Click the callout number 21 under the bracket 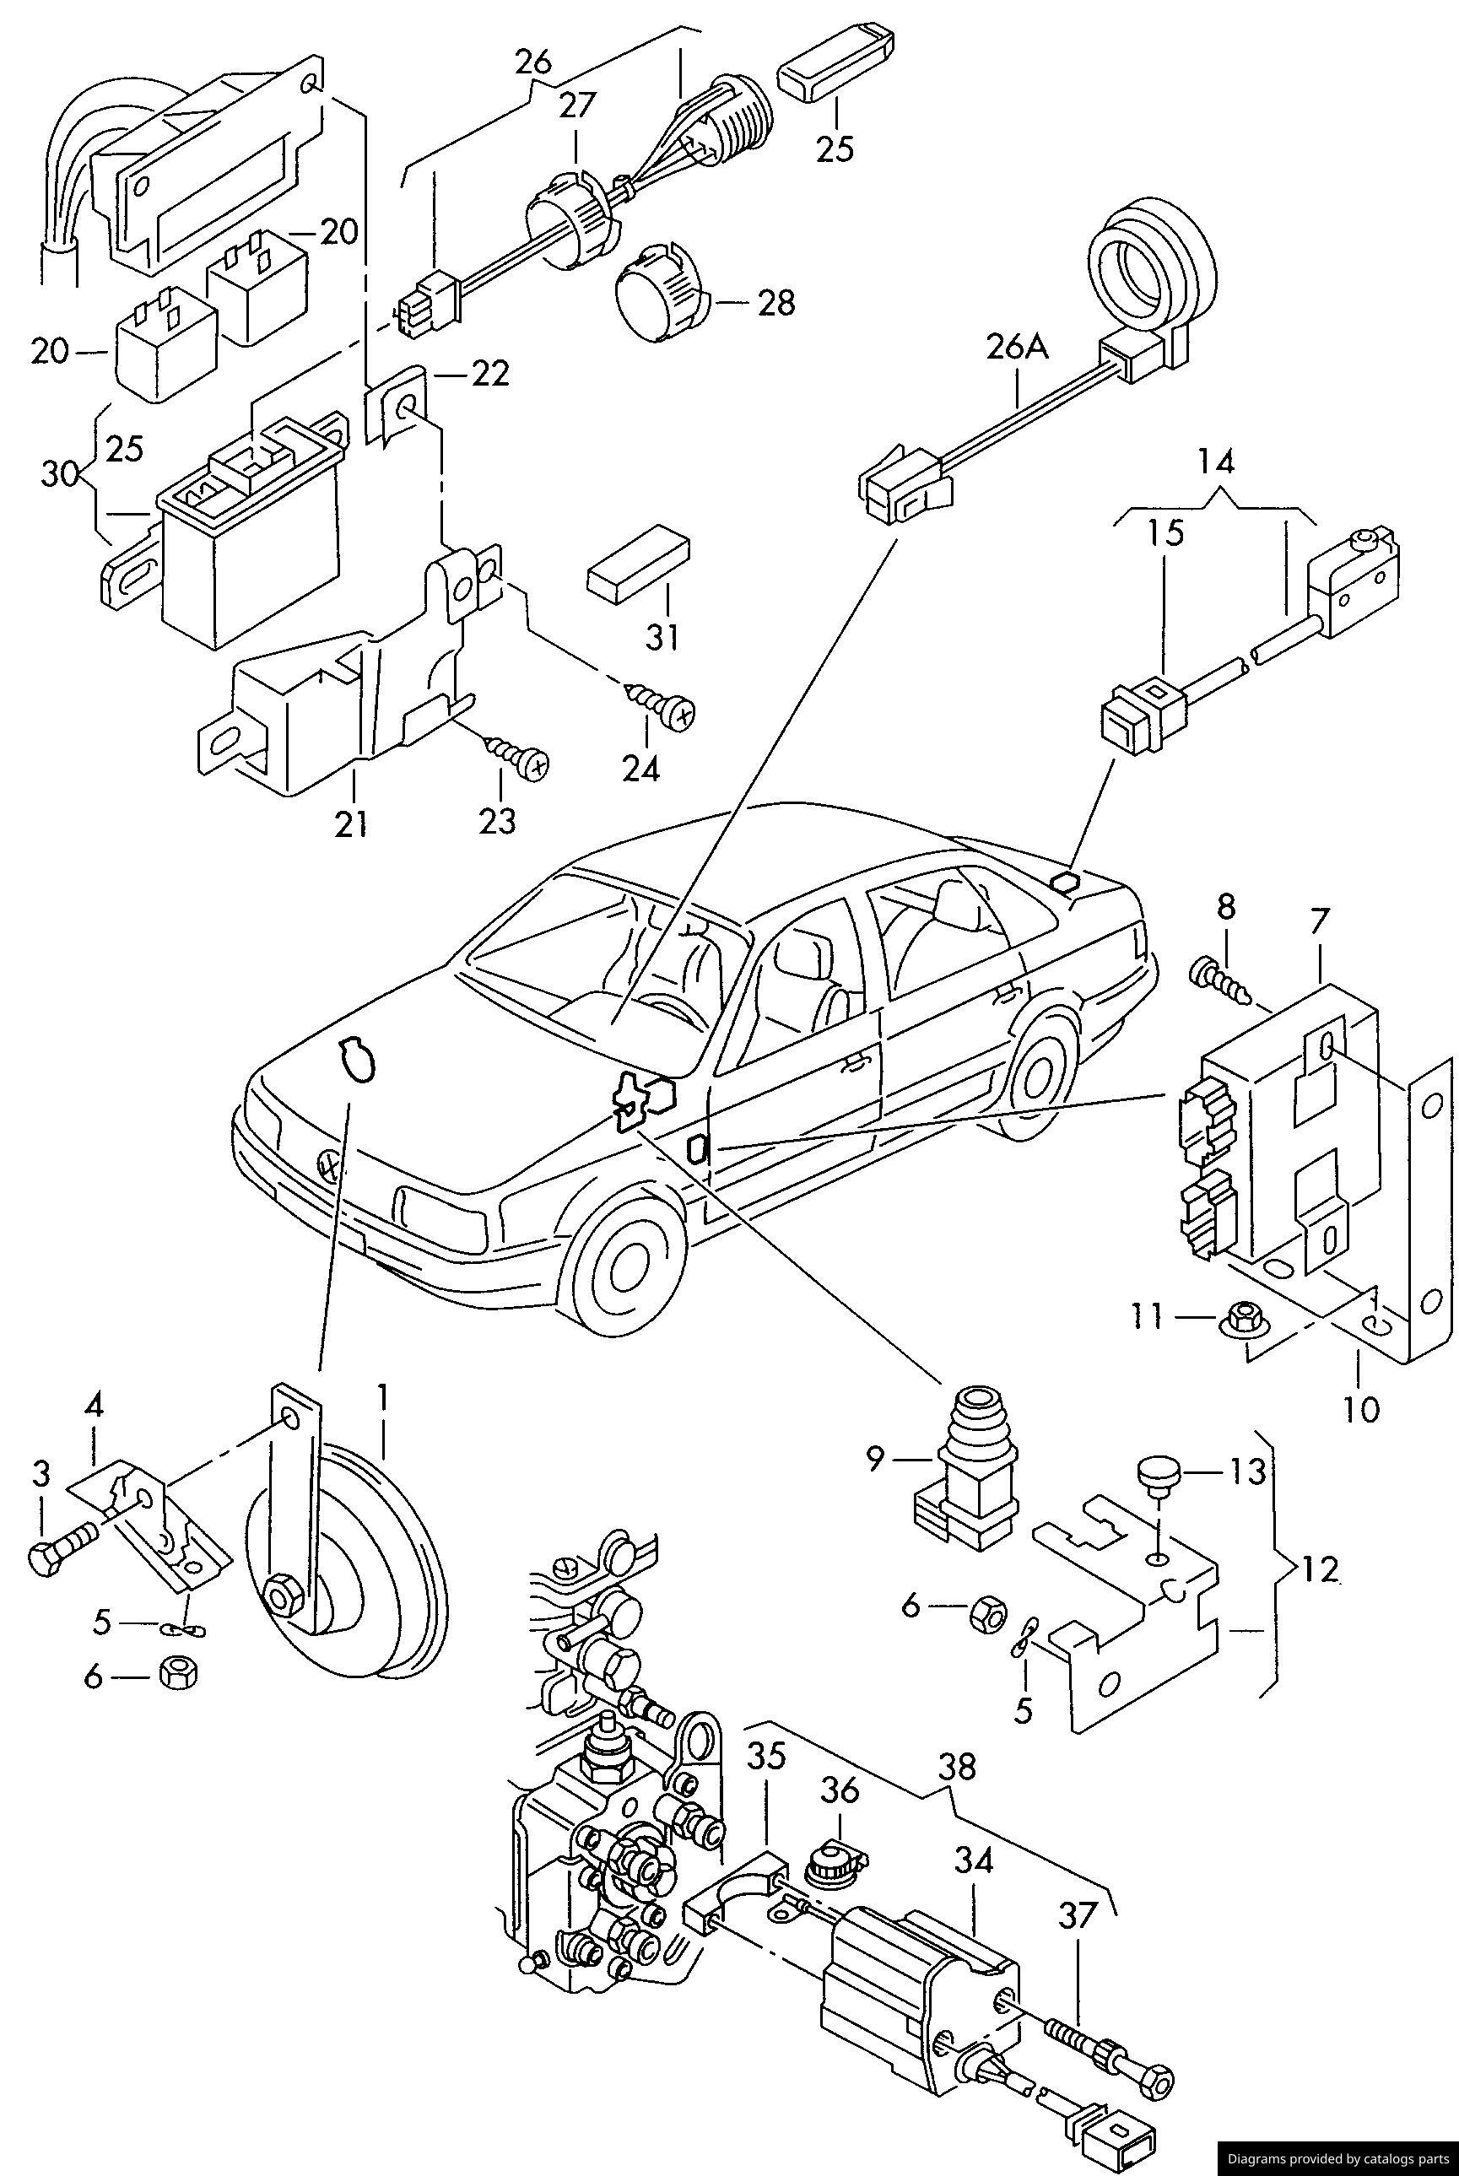point(352,824)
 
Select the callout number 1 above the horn point(381,1396)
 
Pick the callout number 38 point(957,1767)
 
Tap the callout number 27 point(576,104)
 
